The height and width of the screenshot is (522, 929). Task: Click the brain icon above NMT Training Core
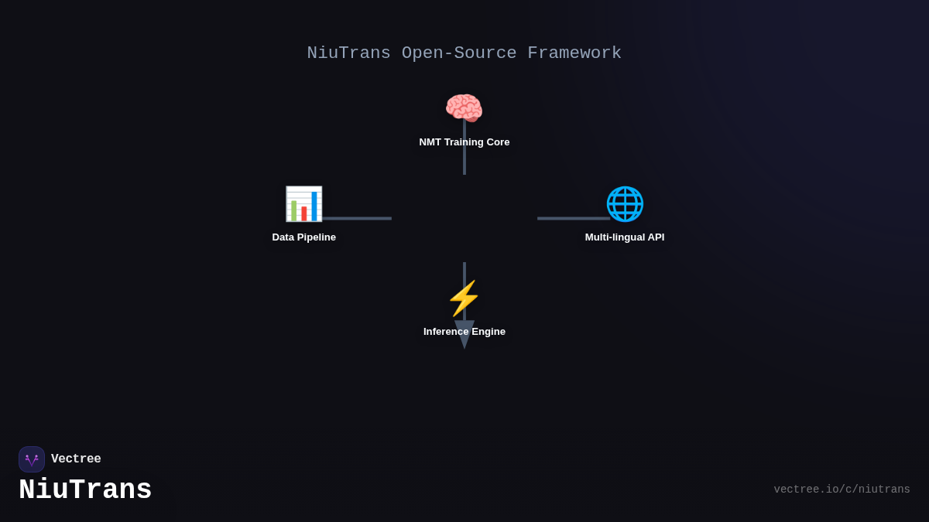[464, 108]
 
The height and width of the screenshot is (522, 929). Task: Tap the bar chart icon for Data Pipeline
[303, 203]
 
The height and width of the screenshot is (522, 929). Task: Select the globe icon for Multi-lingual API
[625, 203]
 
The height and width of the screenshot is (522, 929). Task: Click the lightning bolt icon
[464, 299]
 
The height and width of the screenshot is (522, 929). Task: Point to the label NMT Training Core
[464, 142]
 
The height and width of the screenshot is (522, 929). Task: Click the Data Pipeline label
[304, 237]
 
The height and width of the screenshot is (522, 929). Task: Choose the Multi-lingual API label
[625, 237]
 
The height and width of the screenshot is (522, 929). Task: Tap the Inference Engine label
[464, 332]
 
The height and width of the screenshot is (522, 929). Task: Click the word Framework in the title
[574, 53]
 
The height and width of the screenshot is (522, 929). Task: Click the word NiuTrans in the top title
[348, 53]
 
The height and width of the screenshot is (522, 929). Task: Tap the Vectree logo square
[32, 459]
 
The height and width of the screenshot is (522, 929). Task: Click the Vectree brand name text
[76, 459]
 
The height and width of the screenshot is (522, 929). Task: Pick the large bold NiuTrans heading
[85, 490]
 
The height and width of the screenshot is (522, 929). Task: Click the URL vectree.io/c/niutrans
[842, 490]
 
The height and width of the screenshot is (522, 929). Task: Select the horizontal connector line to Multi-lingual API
[573, 219]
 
